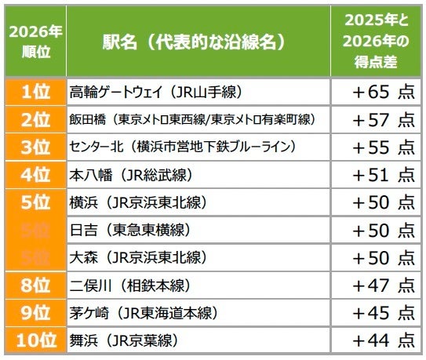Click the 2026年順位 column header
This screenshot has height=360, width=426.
(34, 40)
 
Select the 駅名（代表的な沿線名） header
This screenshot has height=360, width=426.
(193, 41)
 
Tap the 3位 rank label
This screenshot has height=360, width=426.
(34, 147)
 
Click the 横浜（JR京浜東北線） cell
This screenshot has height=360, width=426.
(138, 202)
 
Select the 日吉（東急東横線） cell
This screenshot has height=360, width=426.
(129, 230)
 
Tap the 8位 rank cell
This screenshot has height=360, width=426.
(34, 285)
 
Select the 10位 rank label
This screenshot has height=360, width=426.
(34, 340)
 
